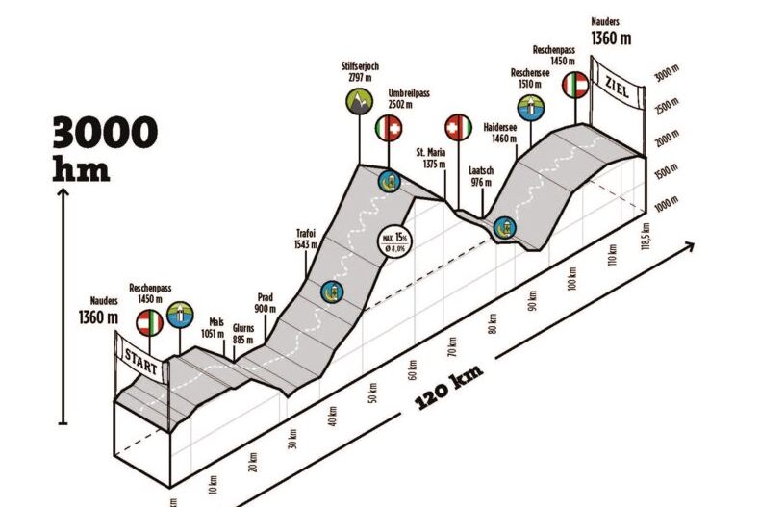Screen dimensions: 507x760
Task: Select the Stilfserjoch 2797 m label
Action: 360,72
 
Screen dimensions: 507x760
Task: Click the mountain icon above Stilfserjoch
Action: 360,100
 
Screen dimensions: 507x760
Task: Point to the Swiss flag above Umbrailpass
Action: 389,127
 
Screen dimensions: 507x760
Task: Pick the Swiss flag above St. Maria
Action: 457,127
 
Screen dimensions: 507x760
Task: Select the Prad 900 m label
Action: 266,303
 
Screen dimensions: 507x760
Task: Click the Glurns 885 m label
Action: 242,333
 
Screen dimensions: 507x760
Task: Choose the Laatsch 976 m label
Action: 481,177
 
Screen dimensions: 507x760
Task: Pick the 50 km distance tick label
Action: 372,394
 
